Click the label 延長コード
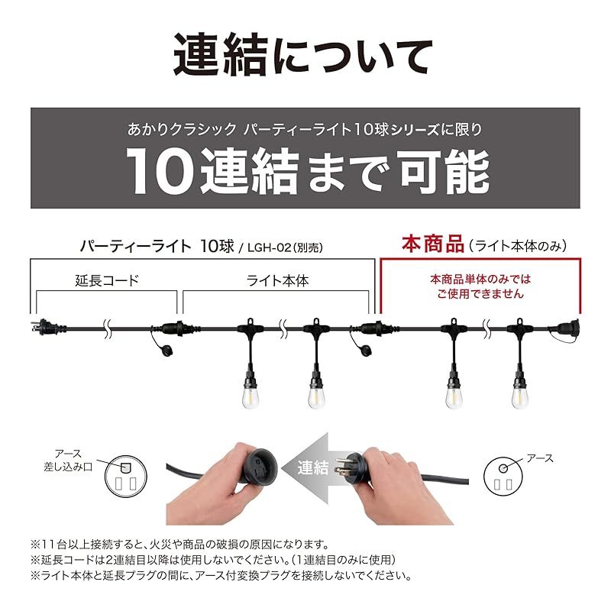tap(108, 280)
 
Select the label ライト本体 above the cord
tap(278, 280)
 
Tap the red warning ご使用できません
tap(480, 293)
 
